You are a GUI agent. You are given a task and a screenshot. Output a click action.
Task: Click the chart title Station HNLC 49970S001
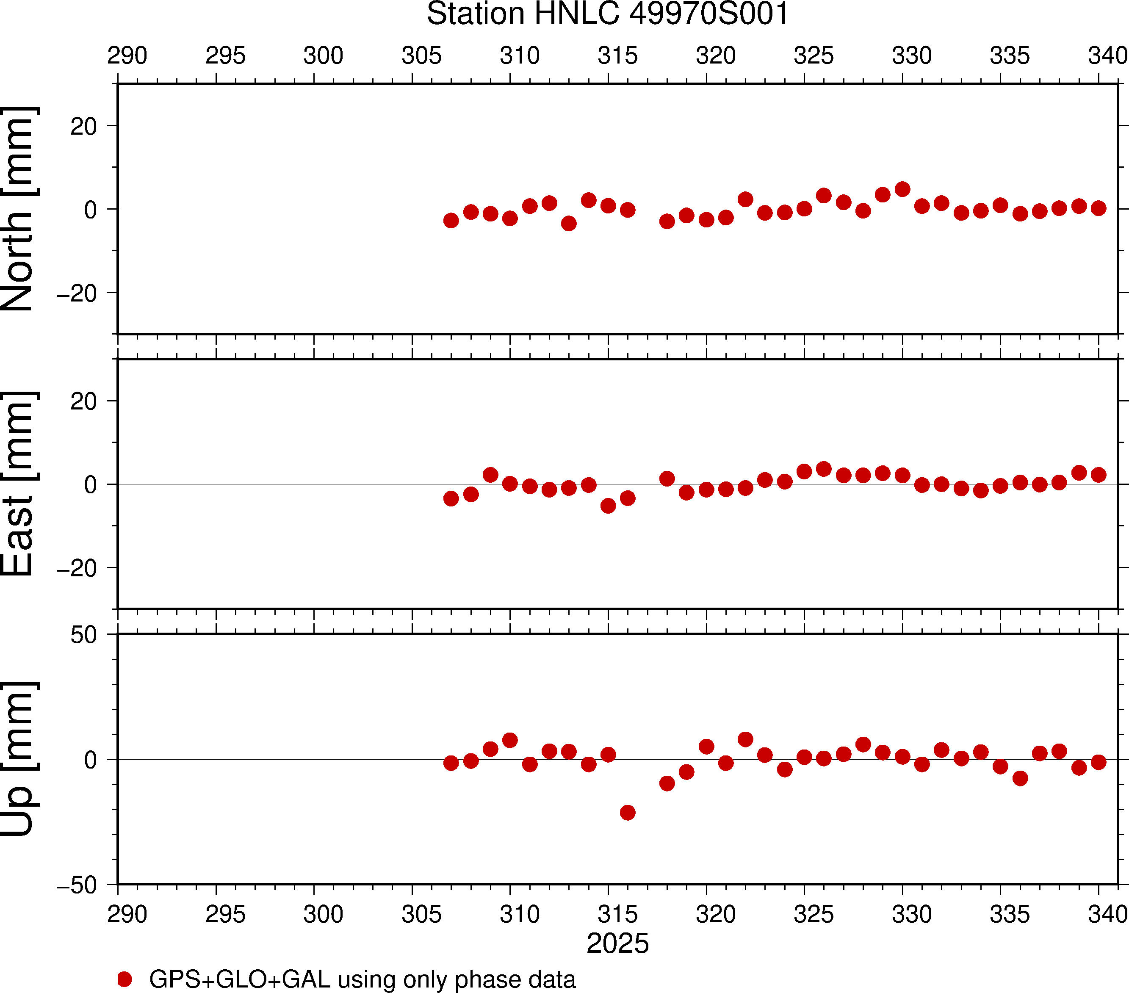(608, 14)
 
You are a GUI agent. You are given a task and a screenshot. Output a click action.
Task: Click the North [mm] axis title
(19, 209)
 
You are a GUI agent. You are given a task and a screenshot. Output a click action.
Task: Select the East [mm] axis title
(19, 484)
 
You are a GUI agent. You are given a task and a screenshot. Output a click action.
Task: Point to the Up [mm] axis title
(19, 759)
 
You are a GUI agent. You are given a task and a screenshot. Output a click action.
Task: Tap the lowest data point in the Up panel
(628, 813)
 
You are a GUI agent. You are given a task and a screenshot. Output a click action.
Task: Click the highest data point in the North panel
(902, 189)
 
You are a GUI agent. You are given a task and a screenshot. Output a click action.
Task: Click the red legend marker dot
(125, 979)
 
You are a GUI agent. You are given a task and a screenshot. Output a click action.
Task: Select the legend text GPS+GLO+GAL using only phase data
(362, 979)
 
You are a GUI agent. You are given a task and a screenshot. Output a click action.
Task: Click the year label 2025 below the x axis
(617, 943)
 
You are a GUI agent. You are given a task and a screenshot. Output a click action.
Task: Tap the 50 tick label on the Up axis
(83, 635)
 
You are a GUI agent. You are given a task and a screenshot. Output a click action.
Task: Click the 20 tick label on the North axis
(83, 127)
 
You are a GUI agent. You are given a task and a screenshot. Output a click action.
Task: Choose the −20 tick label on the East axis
(77, 568)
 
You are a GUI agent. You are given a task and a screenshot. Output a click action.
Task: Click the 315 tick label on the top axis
(617, 56)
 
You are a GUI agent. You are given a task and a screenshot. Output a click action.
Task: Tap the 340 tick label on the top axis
(1107, 56)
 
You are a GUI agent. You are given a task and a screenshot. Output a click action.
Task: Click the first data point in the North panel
(451, 220)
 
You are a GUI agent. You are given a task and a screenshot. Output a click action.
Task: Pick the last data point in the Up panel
(1099, 762)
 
